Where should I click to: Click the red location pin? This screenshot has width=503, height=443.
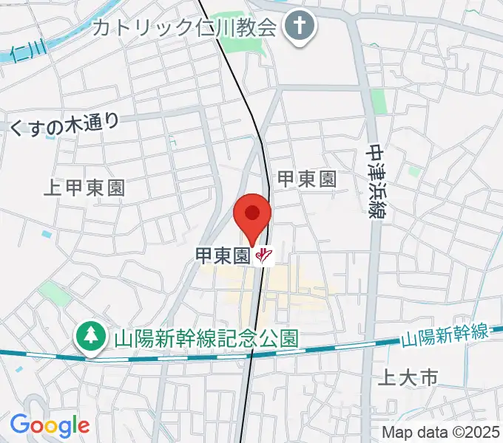(x=252, y=215)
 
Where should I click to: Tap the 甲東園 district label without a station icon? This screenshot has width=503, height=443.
(x=306, y=178)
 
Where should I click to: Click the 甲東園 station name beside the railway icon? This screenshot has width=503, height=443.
(x=221, y=256)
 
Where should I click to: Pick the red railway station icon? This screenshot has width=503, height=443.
(x=264, y=256)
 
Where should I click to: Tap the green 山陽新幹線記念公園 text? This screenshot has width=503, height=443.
(x=206, y=339)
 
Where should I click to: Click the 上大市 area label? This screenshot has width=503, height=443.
(x=408, y=379)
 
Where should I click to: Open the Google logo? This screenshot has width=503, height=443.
(x=50, y=425)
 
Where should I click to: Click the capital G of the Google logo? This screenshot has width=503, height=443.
(x=18, y=425)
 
